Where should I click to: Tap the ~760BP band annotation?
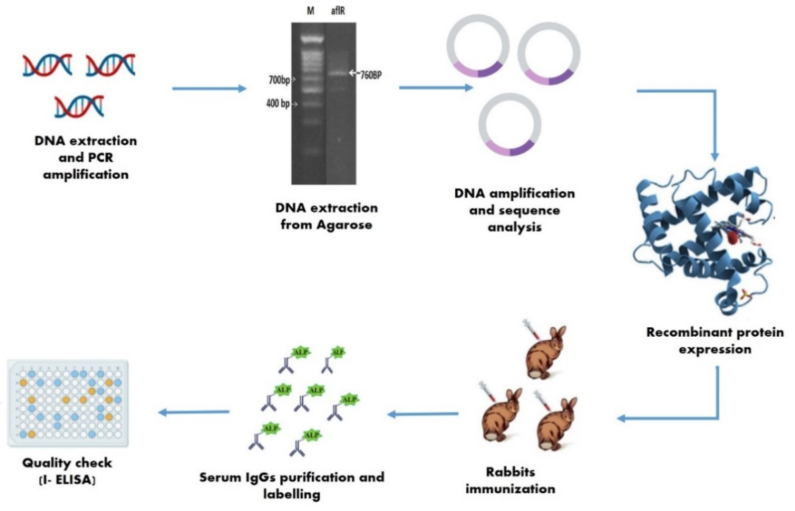(369, 75)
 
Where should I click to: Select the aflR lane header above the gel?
(338, 11)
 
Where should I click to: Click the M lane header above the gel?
(311, 11)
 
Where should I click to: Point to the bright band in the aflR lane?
(338, 73)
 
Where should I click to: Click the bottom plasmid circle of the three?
(510, 125)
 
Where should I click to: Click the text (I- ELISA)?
(68, 480)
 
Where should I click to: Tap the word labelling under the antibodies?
(292, 494)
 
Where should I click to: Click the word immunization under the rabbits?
(510, 489)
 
